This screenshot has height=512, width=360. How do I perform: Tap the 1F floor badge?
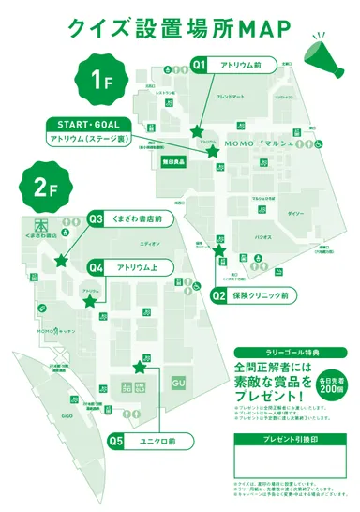[101, 79]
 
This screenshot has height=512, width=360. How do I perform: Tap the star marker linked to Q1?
[197, 132]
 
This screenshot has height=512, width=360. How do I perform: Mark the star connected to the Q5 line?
[140, 367]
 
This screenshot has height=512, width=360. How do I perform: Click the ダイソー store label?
[295, 215]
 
